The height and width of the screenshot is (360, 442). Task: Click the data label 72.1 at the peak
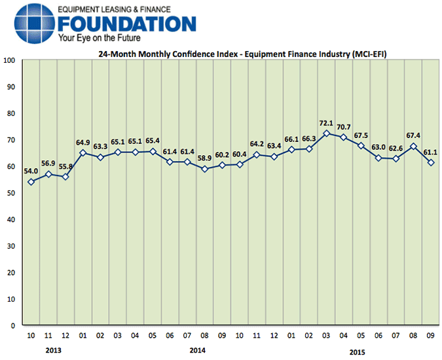pos(326,123)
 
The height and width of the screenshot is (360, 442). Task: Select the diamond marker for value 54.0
pos(31,181)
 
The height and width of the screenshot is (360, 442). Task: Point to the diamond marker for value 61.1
pos(431,162)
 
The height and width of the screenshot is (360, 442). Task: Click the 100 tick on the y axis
pos(9,60)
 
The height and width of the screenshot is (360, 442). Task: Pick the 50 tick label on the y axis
pos(11,192)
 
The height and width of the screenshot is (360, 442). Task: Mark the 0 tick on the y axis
pos(13,325)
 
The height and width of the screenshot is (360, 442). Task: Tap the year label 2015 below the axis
pos(358,351)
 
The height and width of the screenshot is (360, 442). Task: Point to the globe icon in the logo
pos(29,24)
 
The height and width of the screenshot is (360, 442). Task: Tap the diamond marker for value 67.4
pos(413,146)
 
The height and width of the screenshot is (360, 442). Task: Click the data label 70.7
pos(343,127)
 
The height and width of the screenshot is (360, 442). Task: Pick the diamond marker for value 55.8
pos(65,177)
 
